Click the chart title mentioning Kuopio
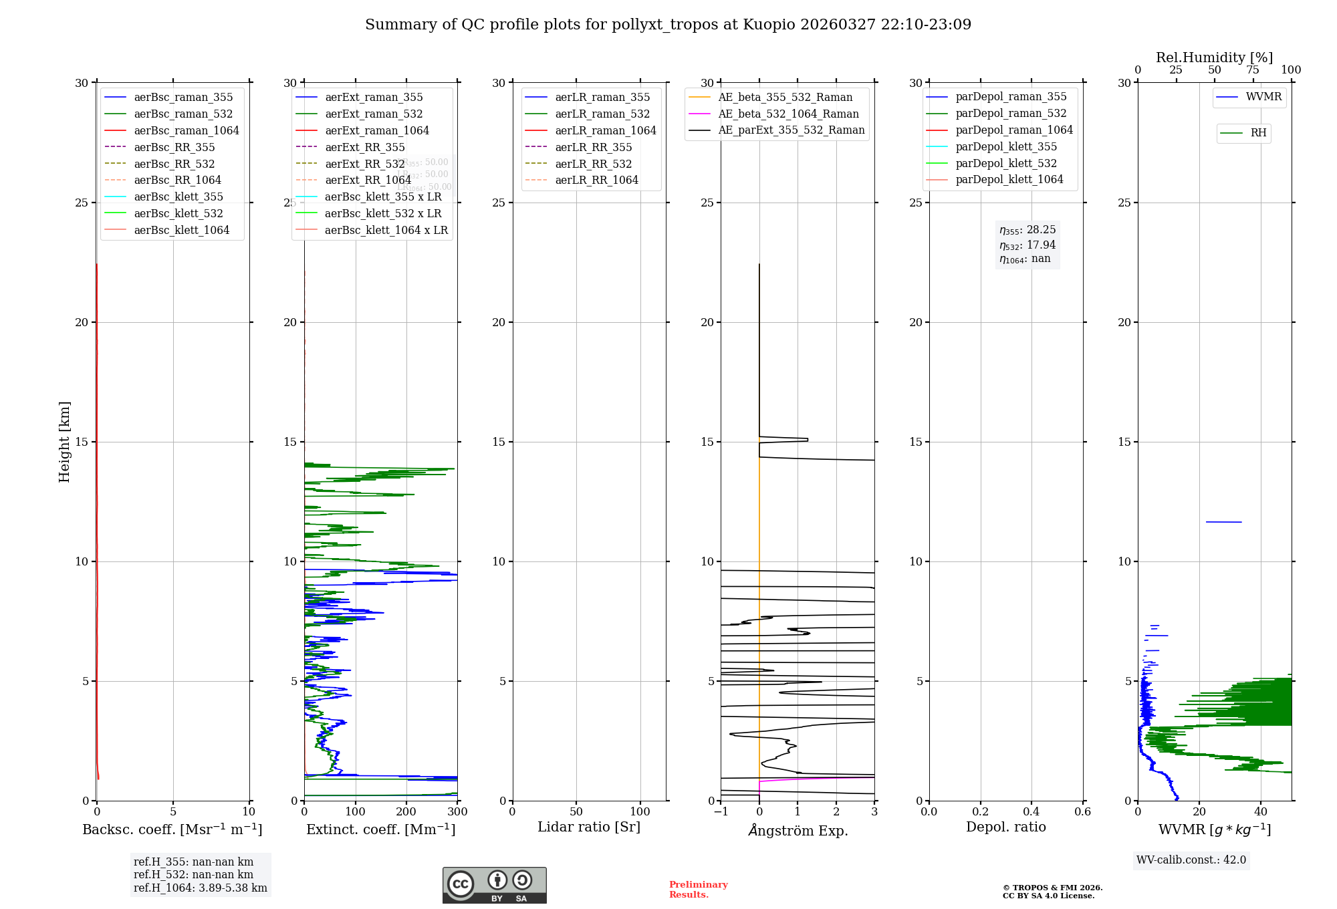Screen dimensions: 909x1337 [668, 25]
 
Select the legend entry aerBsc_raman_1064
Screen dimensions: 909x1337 [186, 130]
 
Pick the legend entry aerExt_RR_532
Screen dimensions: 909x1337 [364, 164]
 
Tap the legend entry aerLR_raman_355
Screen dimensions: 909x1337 [602, 98]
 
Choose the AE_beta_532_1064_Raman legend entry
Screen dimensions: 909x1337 [788, 114]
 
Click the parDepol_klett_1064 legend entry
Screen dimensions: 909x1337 [1009, 179]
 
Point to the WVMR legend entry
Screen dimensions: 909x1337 [1263, 97]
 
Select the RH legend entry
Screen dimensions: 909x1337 [1258, 133]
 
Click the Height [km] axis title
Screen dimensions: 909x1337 [64, 442]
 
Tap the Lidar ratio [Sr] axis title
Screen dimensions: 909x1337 [589, 827]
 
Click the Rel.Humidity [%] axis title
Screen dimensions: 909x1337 [1214, 57]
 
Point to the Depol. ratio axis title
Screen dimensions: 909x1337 [1005, 827]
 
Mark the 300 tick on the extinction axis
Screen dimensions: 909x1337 [457, 812]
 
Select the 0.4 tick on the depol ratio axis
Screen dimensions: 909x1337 [1031, 812]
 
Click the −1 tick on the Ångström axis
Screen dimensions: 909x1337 [721, 812]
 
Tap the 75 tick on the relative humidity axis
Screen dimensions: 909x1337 [1253, 70]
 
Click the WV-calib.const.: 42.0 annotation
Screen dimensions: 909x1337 [1191, 860]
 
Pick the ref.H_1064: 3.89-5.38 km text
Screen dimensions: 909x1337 [200, 888]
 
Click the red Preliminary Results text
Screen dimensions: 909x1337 [698, 890]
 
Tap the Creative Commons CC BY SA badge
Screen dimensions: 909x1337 [494, 886]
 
